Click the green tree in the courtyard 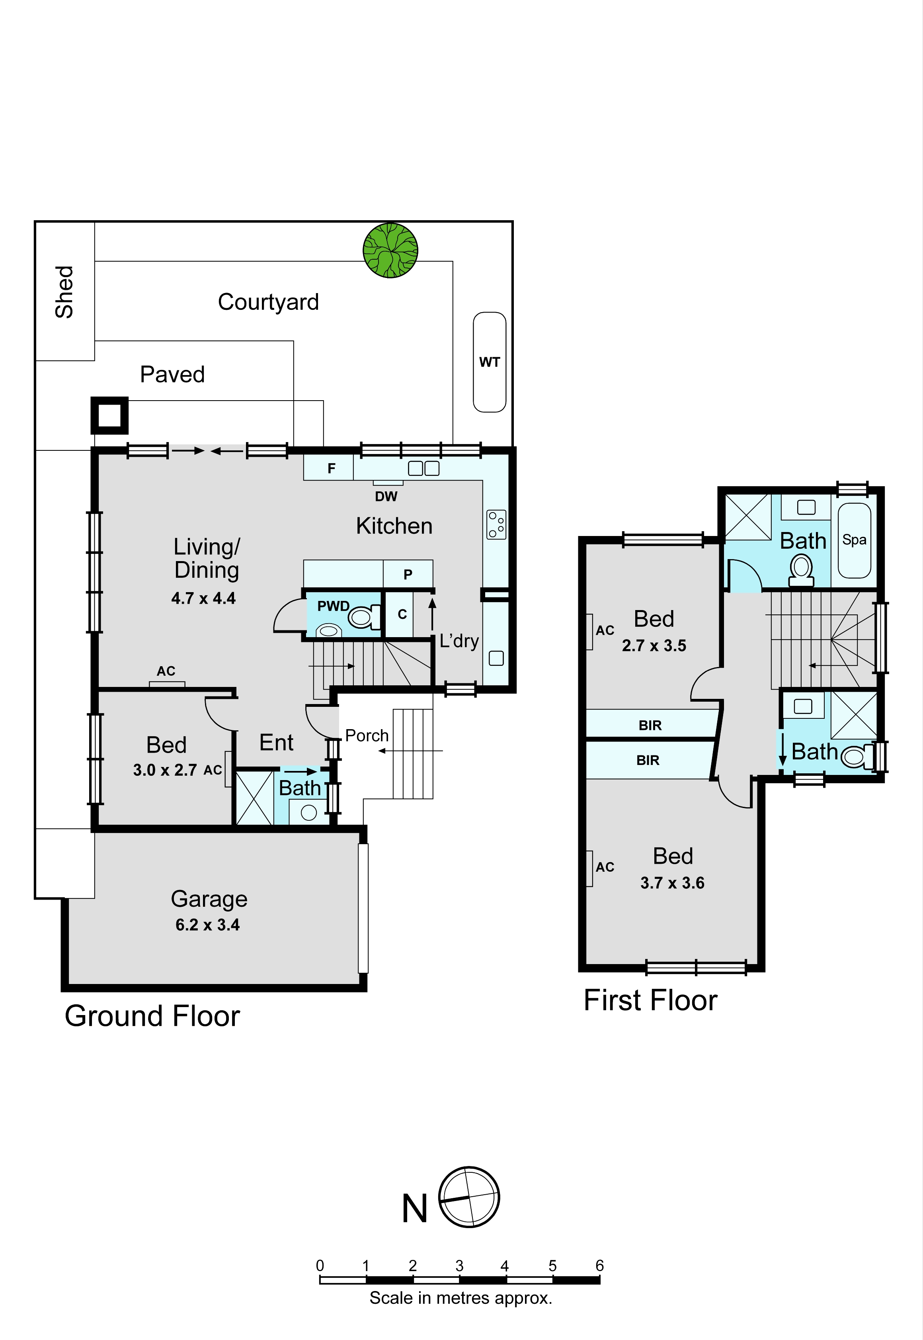click(390, 250)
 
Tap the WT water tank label click(489, 362)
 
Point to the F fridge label click(332, 468)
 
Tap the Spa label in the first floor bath click(854, 540)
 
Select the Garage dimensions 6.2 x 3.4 click(208, 925)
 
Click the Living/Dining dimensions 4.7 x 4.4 click(203, 598)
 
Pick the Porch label click(367, 736)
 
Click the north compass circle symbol click(469, 1197)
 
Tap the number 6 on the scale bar click(600, 1266)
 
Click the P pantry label click(408, 575)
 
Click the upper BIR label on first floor click(650, 726)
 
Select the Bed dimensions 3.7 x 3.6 click(672, 883)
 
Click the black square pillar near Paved click(109, 415)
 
